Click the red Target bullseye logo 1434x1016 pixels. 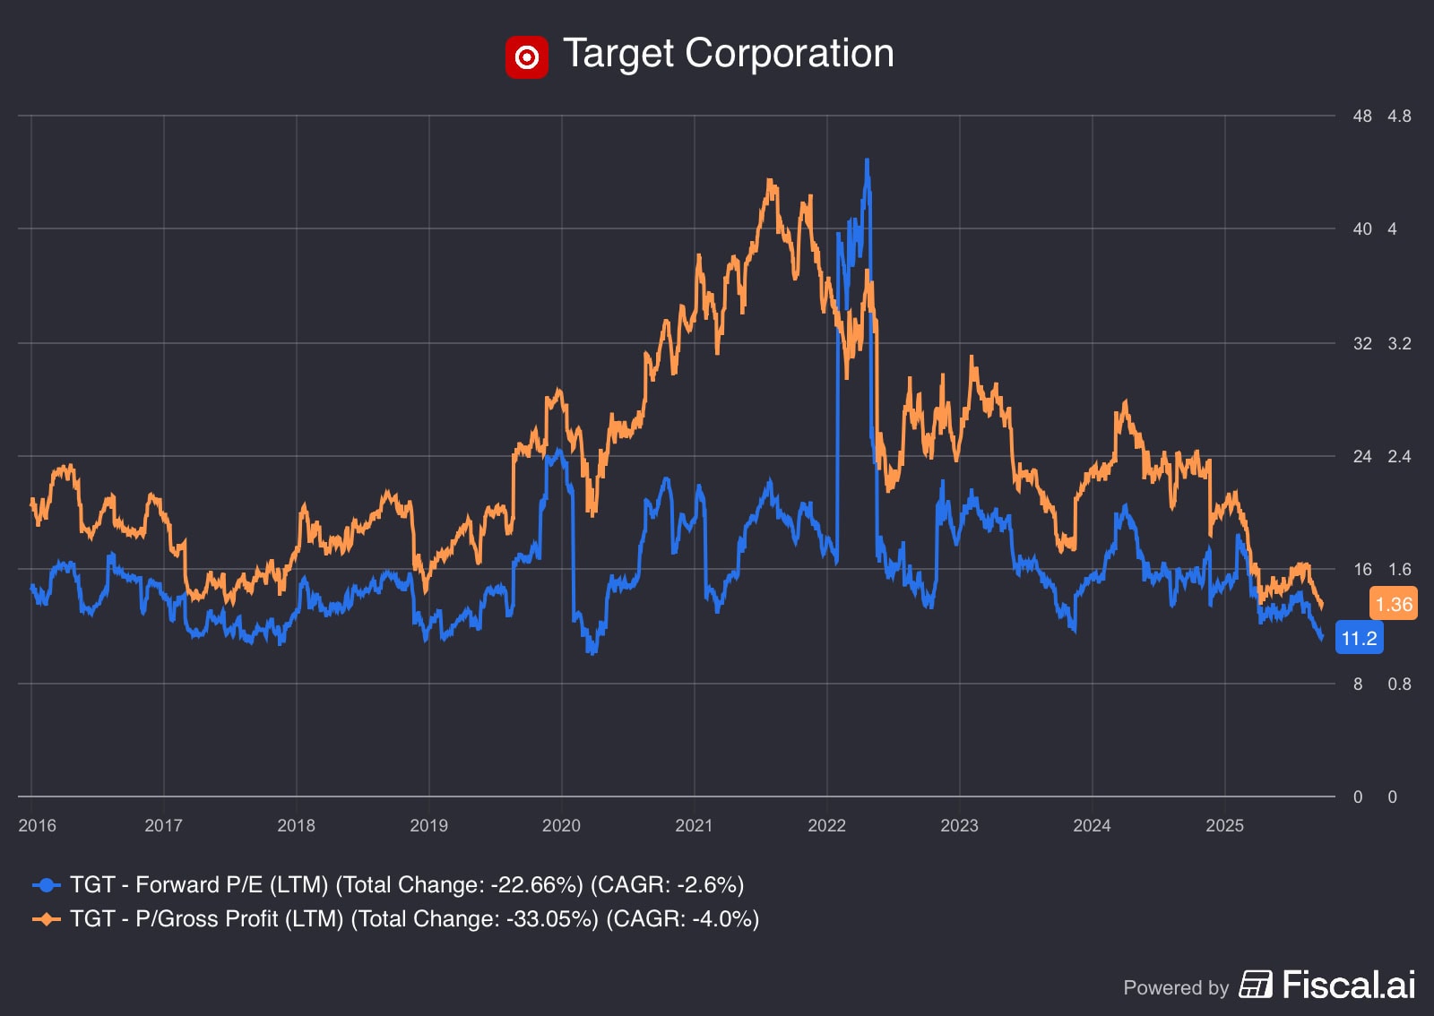click(526, 57)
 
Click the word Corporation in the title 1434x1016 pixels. click(789, 54)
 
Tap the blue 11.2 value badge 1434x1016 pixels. click(1359, 638)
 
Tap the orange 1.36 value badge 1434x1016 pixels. click(1394, 604)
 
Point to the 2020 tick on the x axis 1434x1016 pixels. click(561, 825)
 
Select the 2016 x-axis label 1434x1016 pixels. click(37, 825)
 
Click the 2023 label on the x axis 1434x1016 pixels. click(959, 825)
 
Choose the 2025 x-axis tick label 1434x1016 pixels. click(1224, 825)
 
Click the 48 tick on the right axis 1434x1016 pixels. click(1362, 116)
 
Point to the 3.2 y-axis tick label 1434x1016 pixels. click(1399, 343)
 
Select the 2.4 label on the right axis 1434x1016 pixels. click(1399, 456)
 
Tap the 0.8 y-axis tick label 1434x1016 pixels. click(1399, 684)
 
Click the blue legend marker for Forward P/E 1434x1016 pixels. click(47, 885)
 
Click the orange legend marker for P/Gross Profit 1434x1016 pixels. click(47, 919)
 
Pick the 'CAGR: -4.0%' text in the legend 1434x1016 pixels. click(683, 919)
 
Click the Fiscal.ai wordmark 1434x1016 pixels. click(1348, 985)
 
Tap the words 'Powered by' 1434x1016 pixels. click(1175, 987)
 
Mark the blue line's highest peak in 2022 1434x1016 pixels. click(867, 161)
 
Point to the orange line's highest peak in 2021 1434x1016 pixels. click(770, 182)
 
